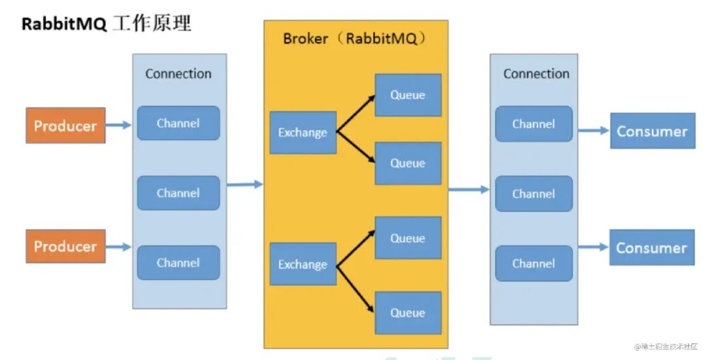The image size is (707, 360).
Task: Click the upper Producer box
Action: click(65, 125)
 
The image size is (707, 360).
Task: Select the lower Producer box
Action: click(65, 246)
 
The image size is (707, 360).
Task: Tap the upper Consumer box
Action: click(653, 131)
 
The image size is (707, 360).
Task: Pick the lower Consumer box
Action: click(652, 247)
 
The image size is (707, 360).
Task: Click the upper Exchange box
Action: click(303, 132)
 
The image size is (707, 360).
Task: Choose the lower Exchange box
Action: click(303, 264)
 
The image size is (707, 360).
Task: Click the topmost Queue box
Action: click(408, 95)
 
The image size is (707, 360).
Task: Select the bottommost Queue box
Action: click(408, 313)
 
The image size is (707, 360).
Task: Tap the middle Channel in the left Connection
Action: click(179, 193)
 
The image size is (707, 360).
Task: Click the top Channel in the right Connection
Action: click(534, 124)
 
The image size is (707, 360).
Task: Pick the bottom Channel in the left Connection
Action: click(179, 262)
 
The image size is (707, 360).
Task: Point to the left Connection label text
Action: click(178, 74)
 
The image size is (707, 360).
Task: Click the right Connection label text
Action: click(536, 74)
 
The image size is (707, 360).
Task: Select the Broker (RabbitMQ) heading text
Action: click(355, 39)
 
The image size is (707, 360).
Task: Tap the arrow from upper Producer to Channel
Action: click(118, 125)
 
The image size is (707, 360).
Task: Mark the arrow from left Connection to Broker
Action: click(245, 185)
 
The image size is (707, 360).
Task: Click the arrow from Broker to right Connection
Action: click(469, 190)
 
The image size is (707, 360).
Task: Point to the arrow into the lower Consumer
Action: click(594, 247)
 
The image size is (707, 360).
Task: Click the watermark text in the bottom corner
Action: click(666, 346)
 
